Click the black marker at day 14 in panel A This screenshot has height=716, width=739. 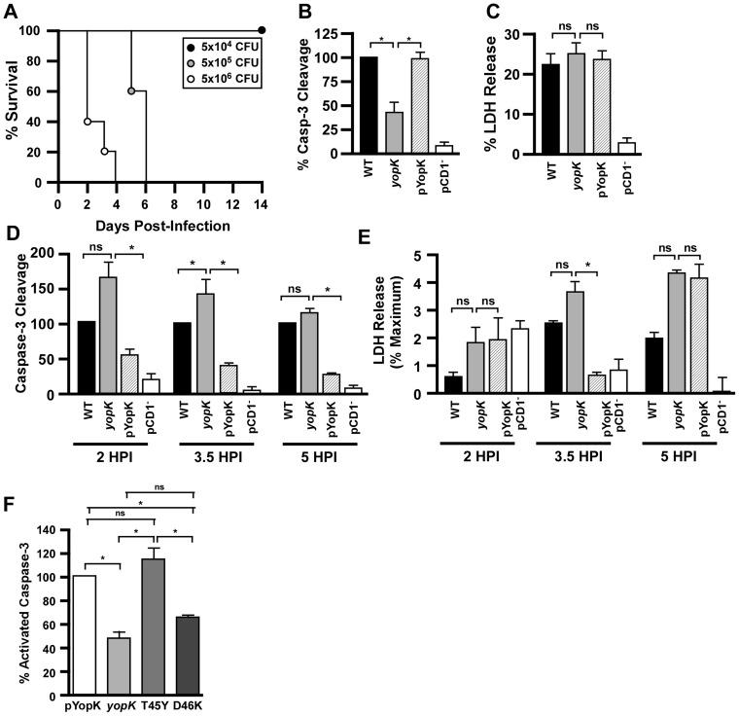(x=262, y=30)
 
